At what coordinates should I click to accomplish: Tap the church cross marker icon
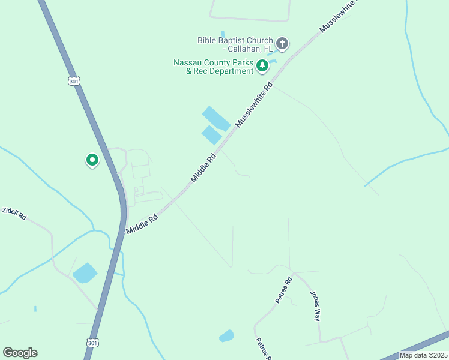pos(282,43)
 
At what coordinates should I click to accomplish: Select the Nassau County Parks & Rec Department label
pos(213,67)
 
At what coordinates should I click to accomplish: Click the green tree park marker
pos(262,65)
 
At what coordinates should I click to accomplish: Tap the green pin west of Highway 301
pos(92,160)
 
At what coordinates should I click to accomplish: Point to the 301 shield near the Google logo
pos(92,343)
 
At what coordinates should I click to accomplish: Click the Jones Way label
pos(315,306)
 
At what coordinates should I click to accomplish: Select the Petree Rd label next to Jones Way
pos(283,289)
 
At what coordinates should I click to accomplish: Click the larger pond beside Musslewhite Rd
pos(216,118)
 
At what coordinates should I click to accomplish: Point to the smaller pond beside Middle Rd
pos(211,135)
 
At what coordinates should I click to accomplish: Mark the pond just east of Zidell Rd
pos(85,273)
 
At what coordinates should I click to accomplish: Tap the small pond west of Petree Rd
pos(226,336)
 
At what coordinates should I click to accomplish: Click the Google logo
pos(20,353)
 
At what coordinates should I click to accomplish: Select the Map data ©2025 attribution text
pos(423,355)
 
